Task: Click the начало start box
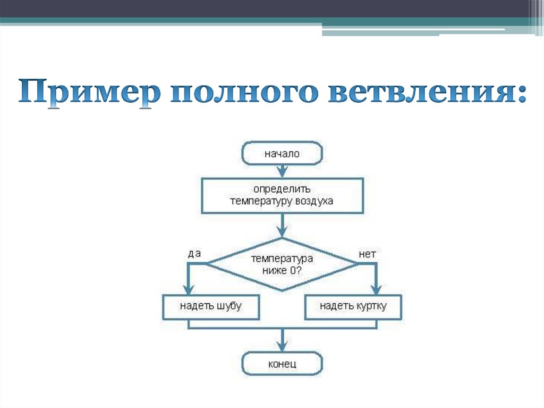282,154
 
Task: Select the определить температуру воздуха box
282,195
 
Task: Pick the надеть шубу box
210,306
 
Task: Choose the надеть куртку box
353,306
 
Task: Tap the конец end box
282,364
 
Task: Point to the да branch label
194,254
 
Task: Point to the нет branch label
367,254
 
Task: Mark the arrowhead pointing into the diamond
282,231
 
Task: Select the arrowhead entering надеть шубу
188,289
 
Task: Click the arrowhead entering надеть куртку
376,289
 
